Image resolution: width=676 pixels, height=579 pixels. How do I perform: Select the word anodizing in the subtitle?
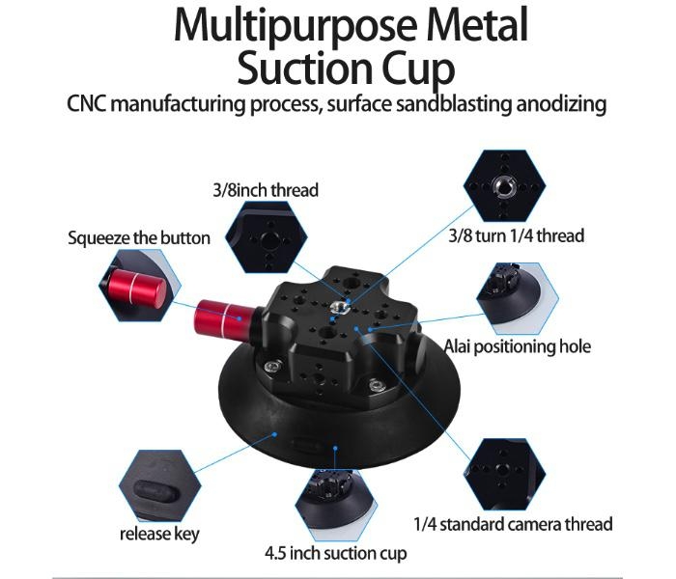coord(555,104)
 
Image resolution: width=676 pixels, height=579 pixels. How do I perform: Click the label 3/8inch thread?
coord(265,190)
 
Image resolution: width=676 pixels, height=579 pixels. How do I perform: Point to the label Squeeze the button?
coord(139,237)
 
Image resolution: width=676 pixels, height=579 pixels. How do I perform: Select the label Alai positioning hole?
coord(517,346)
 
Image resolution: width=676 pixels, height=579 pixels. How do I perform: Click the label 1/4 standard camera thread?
coord(513,524)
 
